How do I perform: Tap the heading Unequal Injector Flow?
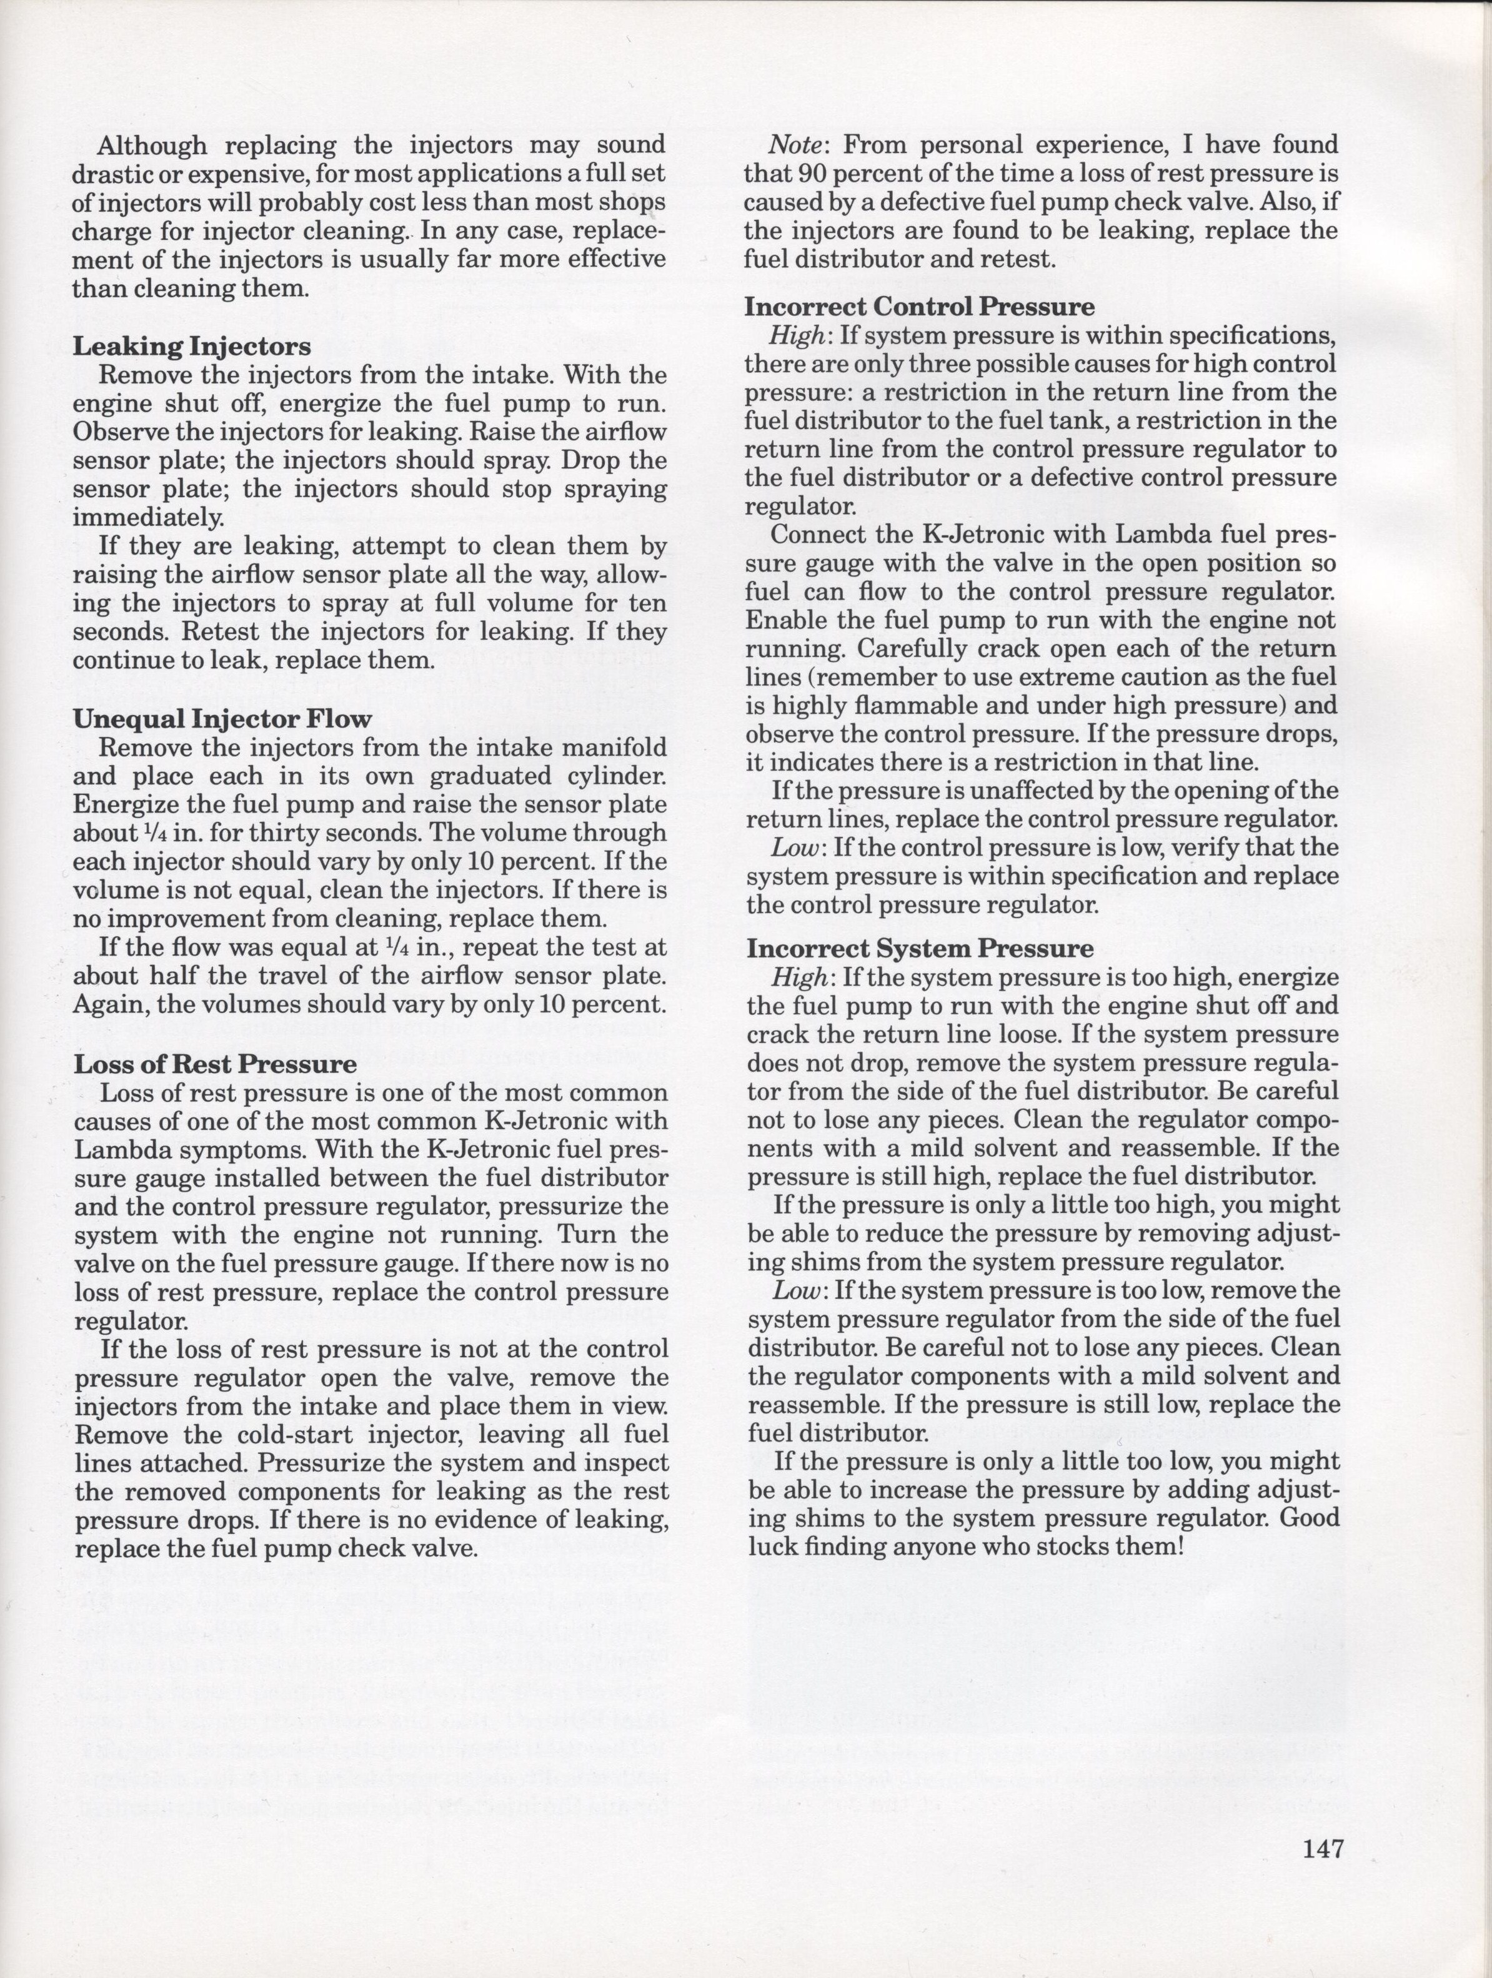point(222,719)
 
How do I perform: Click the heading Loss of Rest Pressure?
point(215,1064)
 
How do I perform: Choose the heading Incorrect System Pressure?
point(920,948)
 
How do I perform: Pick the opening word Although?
point(152,145)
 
